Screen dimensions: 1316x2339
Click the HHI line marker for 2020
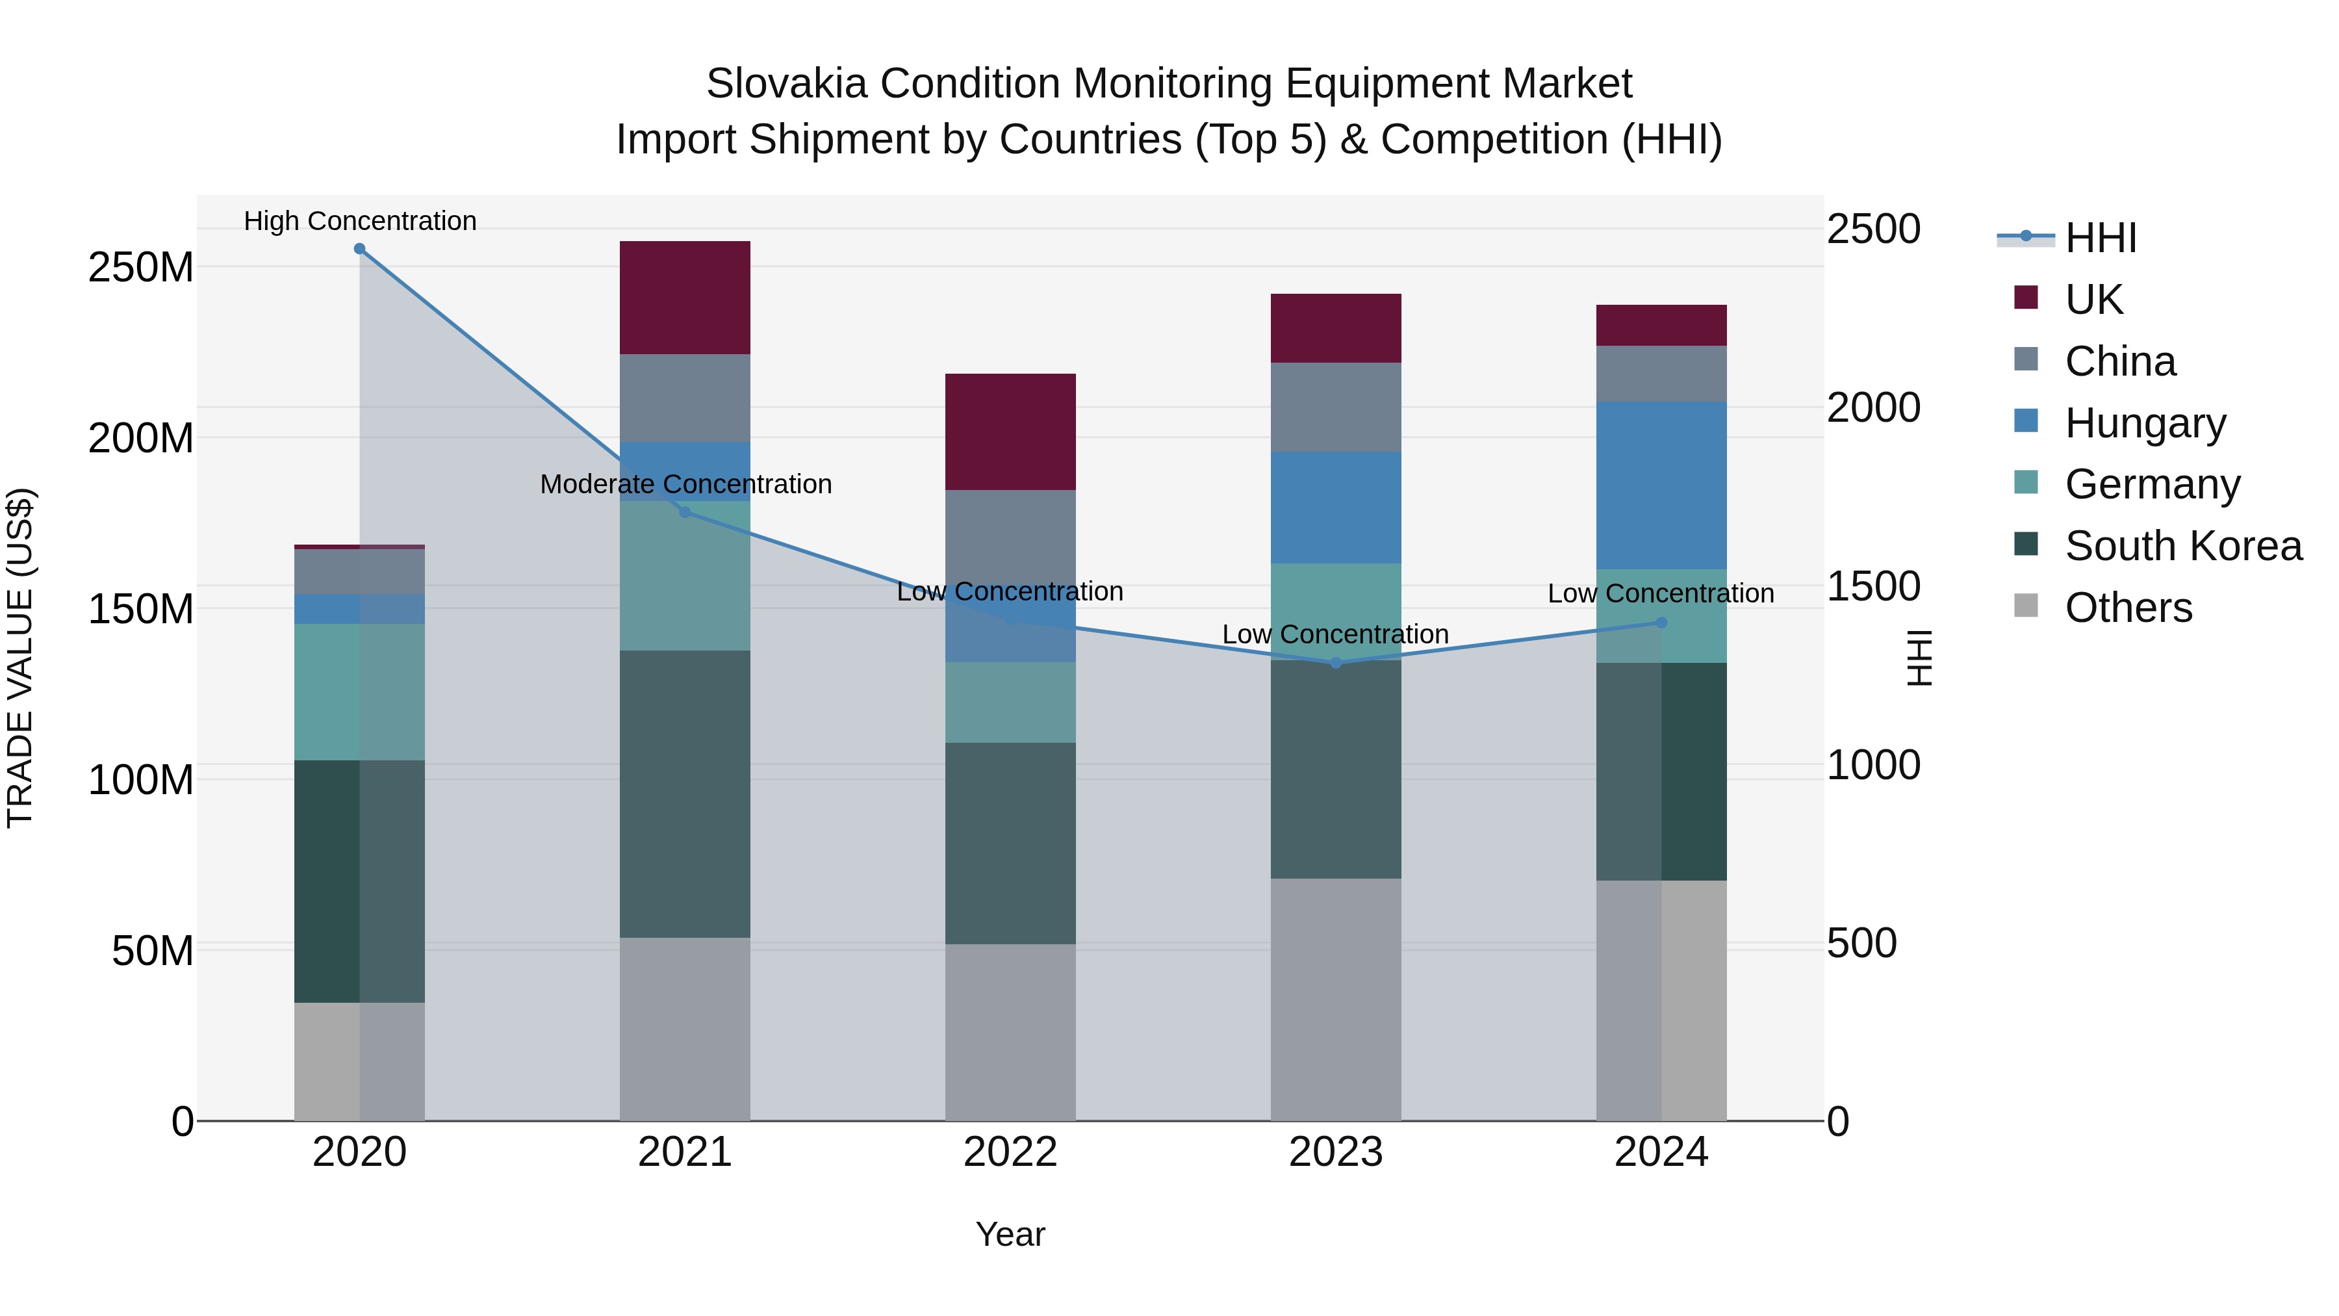[359, 249]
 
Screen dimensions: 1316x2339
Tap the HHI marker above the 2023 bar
[1336, 663]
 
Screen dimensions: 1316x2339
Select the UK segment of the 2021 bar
[685, 297]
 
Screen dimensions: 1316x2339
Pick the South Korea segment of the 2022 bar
[1010, 843]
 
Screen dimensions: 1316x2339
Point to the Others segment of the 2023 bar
[1336, 999]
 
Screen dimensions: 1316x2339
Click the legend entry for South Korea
[2183, 546]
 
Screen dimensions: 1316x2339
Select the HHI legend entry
[2100, 238]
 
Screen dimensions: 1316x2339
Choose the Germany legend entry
[2151, 484]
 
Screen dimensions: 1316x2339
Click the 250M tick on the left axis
[141, 267]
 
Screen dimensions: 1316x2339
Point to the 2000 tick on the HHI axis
[1872, 407]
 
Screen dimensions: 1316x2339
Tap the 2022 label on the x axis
[1010, 1152]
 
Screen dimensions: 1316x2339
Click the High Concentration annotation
[359, 221]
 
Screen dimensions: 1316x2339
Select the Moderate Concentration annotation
[685, 484]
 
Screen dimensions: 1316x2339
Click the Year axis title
[1010, 1234]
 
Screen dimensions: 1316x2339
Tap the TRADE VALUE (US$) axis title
[20, 658]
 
